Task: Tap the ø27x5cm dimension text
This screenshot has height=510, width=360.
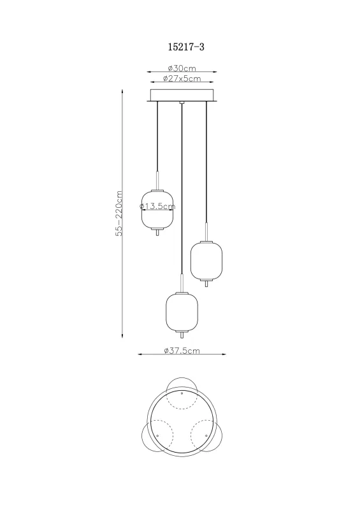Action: click(x=182, y=79)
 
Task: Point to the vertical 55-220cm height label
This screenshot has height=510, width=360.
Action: click(x=119, y=214)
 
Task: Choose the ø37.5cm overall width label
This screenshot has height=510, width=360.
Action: click(x=182, y=351)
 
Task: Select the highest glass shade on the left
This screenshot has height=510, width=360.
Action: click(x=157, y=209)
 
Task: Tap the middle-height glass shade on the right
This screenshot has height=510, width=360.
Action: click(x=206, y=259)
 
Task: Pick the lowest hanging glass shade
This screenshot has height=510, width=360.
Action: click(x=182, y=311)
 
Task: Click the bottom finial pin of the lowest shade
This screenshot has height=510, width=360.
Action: click(x=182, y=335)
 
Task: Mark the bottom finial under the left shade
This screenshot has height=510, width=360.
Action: click(x=157, y=233)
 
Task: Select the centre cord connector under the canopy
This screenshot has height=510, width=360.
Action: click(x=182, y=103)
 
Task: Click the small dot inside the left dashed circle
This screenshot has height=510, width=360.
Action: click(x=157, y=435)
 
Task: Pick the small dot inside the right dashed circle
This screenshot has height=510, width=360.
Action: click(x=206, y=435)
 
